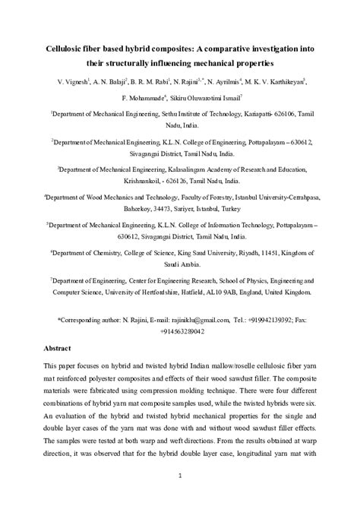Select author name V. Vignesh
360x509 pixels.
tap(72, 80)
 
